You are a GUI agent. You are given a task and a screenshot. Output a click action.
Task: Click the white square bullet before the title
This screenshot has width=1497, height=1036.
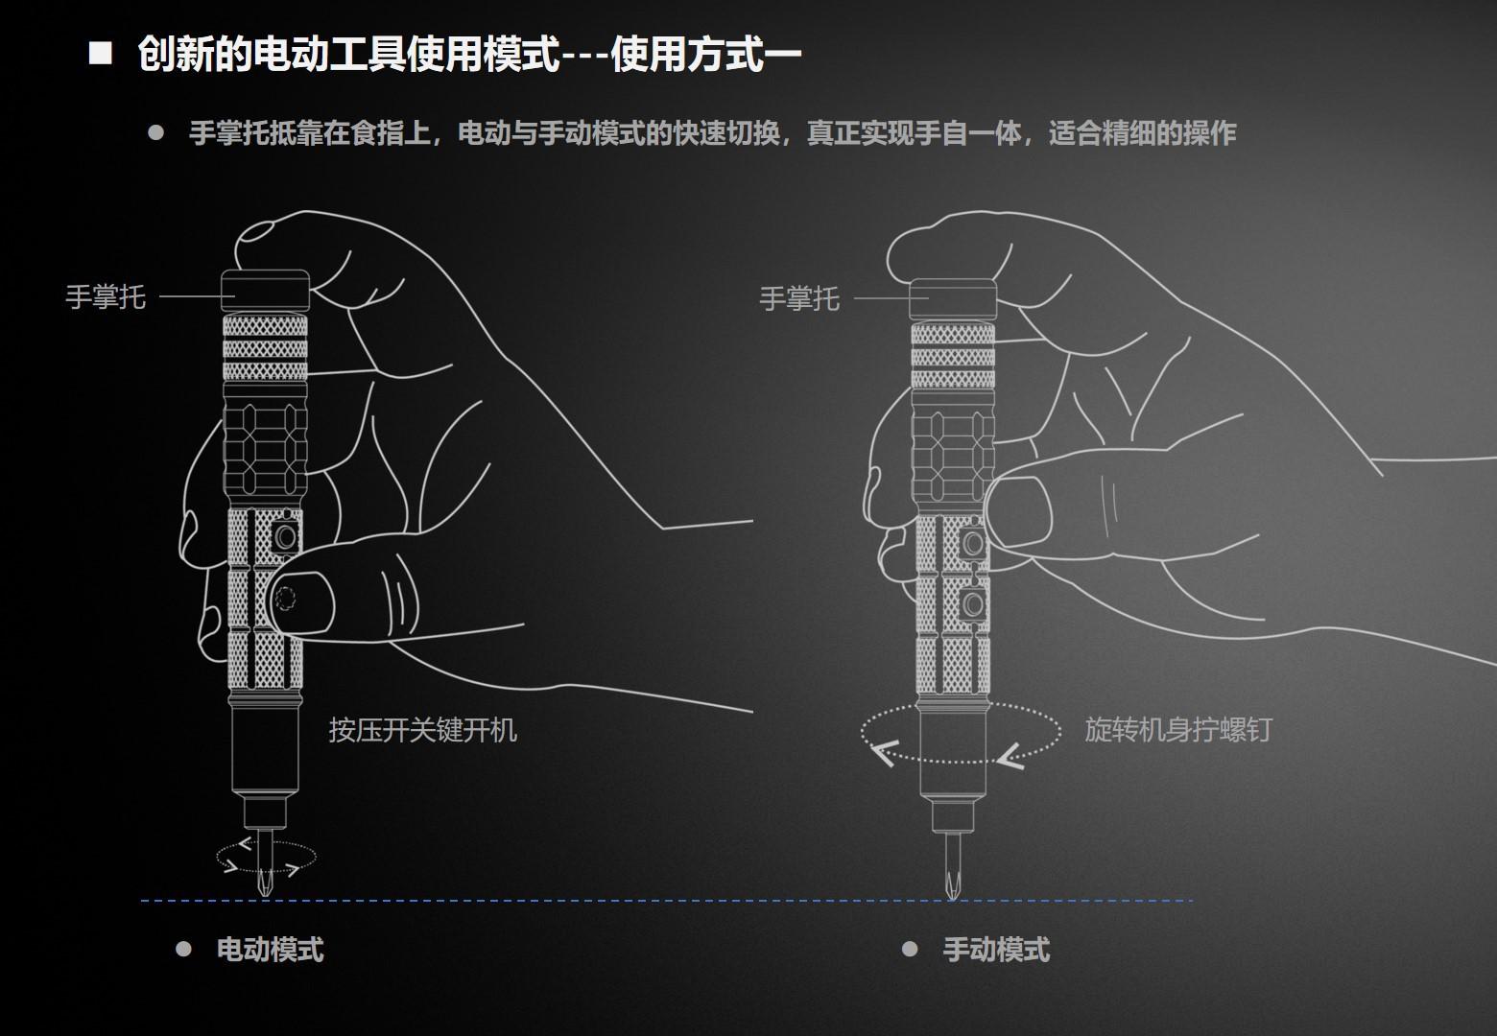coord(100,53)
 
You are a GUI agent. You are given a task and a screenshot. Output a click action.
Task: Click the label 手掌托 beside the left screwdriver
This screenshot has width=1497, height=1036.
coord(106,297)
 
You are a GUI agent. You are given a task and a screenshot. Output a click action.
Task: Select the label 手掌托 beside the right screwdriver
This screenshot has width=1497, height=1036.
coord(799,299)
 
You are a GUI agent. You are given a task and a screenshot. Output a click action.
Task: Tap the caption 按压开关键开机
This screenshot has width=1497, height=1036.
coord(422,730)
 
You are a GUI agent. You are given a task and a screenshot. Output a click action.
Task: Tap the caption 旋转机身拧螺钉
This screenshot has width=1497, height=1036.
coord(1177,730)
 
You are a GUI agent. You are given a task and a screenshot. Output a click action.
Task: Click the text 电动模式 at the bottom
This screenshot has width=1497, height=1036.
coord(270,950)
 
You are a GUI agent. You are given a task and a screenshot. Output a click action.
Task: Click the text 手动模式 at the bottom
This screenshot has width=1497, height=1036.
coord(996,951)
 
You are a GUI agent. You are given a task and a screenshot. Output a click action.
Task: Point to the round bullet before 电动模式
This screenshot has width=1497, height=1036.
coord(183,949)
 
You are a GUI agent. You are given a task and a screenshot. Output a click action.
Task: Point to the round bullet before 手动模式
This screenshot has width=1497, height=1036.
coord(910,949)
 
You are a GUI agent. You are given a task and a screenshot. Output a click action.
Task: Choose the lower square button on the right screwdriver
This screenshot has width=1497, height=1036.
coord(973,604)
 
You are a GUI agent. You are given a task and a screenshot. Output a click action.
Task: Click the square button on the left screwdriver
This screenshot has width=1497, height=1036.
coord(284,536)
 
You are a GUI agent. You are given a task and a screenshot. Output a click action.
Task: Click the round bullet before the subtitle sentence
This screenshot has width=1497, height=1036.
coord(155,132)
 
